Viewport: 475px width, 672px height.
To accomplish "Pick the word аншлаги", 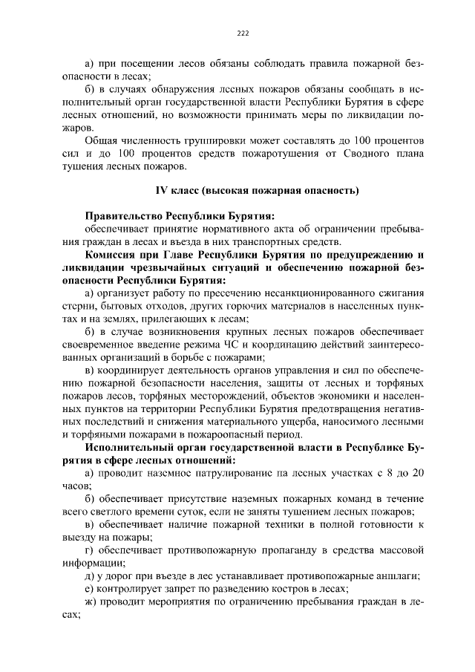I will pos(398,577).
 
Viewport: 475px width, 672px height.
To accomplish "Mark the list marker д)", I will pos(91,577).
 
